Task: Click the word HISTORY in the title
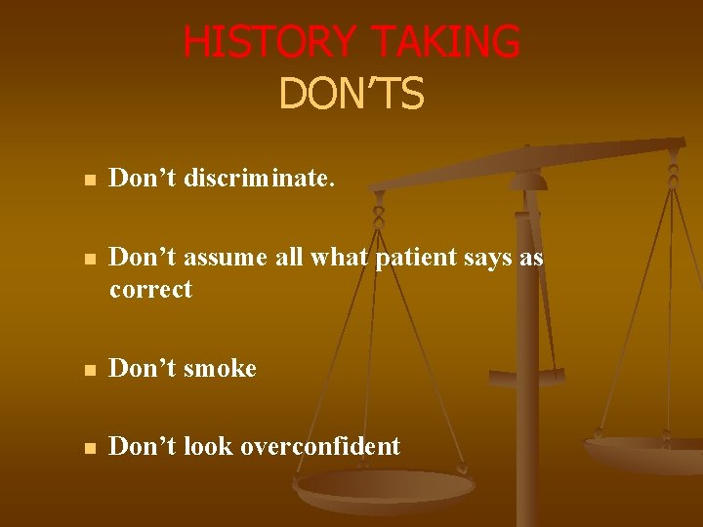268,43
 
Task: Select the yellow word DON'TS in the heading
351,94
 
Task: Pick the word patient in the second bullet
415,257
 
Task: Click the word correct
150,290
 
